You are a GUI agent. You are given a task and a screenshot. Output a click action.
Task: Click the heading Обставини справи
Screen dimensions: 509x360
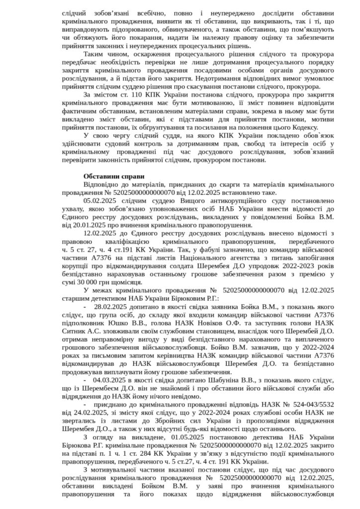114,176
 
